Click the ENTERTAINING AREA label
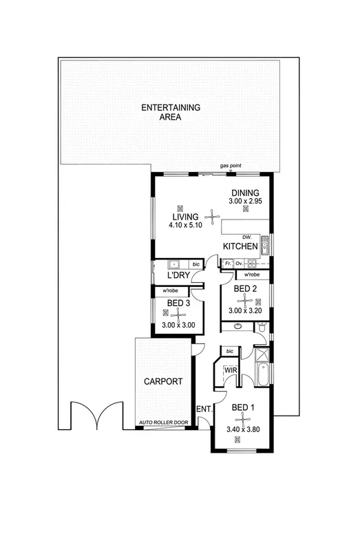[x=170, y=112]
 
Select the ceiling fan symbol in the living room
[x=208, y=218]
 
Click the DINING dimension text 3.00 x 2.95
[x=245, y=201]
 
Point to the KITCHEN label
[x=240, y=246]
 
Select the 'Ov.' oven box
[x=239, y=264]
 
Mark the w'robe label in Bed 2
[x=252, y=275]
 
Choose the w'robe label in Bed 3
[x=171, y=291]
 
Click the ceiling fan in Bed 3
[x=178, y=314]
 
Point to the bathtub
[x=262, y=376]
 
